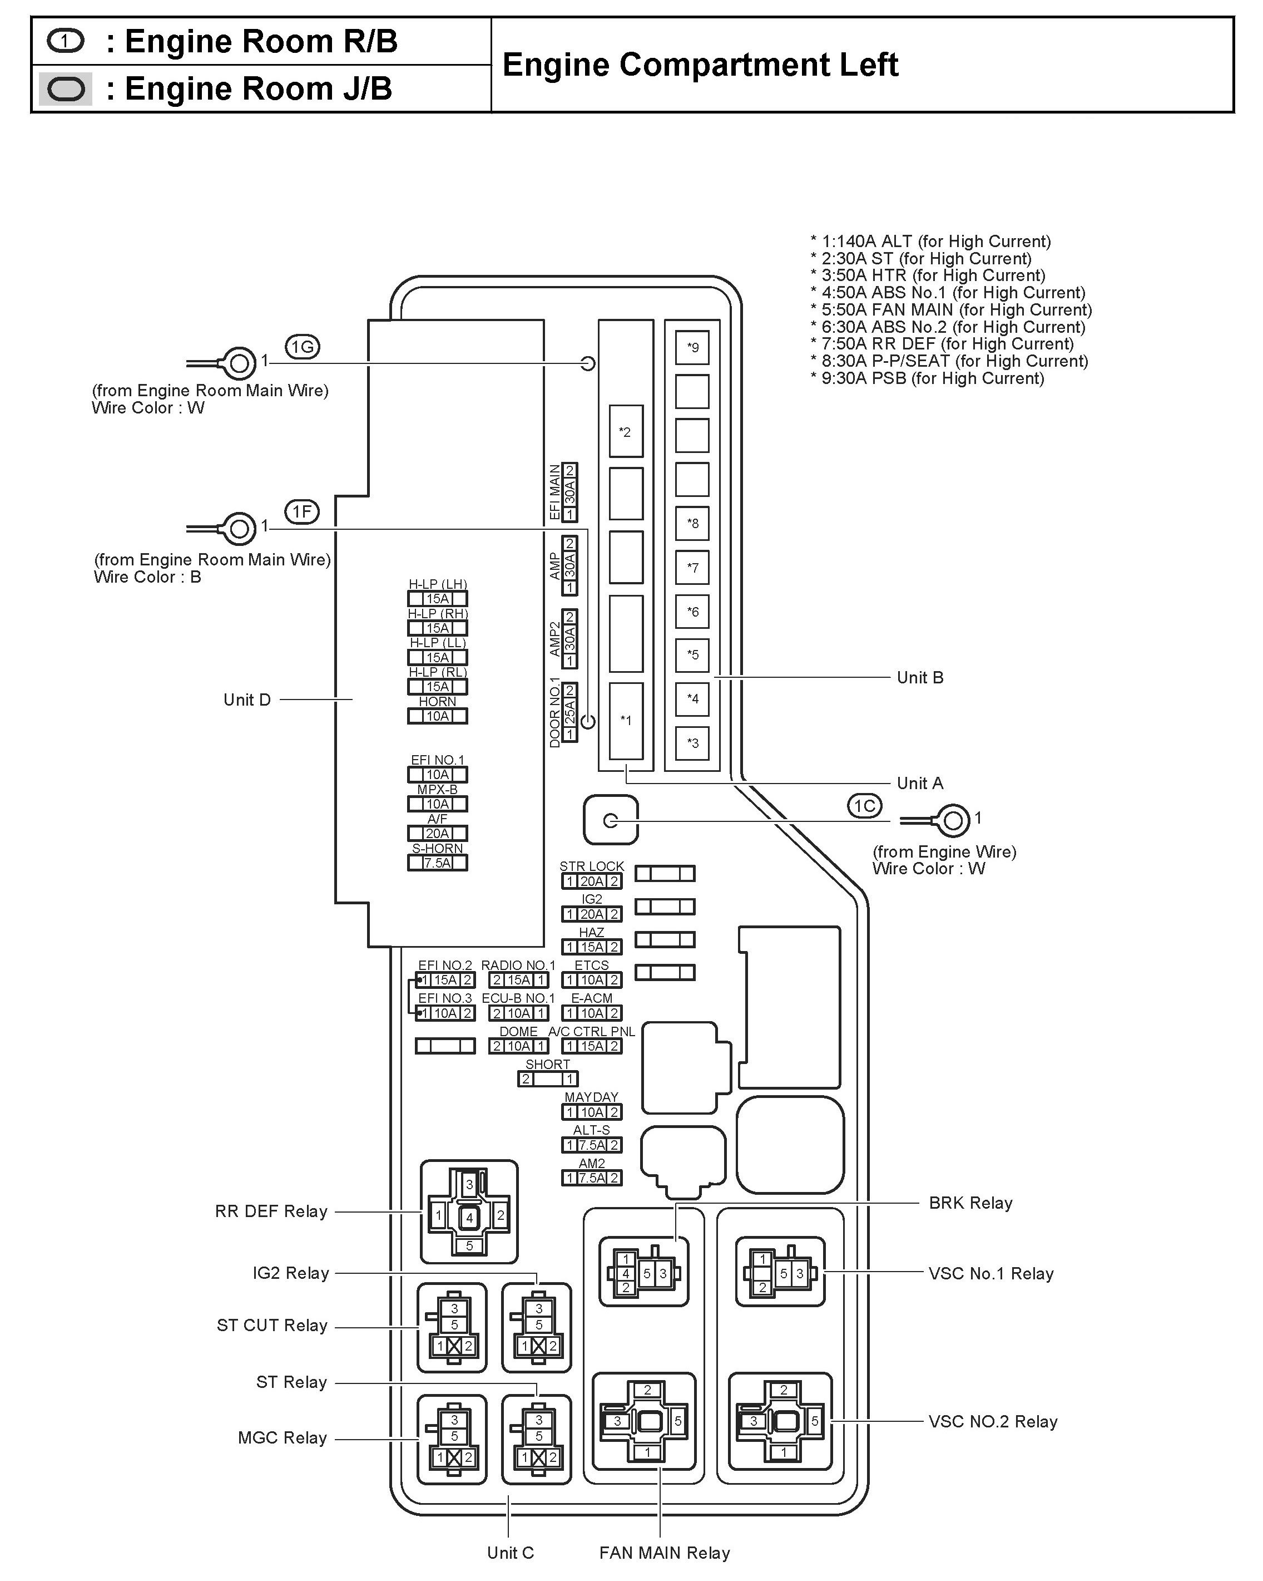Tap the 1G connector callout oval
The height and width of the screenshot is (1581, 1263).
click(302, 347)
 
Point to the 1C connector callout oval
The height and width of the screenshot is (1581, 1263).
click(864, 806)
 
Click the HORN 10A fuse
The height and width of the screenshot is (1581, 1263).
click(438, 716)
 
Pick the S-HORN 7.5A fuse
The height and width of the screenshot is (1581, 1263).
click(438, 863)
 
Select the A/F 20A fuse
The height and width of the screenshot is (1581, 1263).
click(438, 834)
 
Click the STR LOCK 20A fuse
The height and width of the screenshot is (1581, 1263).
click(592, 881)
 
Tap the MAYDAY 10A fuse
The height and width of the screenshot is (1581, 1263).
click(592, 1112)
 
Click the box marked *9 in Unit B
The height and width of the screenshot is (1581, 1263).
click(692, 348)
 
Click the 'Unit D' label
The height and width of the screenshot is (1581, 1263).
click(247, 700)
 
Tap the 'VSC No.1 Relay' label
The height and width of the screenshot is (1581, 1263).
click(990, 1274)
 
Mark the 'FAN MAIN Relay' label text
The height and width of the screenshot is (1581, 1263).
click(664, 1553)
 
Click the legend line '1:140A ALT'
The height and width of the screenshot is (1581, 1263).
click(930, 242)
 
